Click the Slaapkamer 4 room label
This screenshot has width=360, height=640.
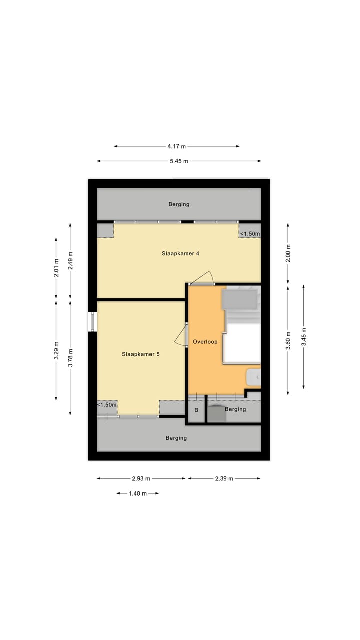point(180,253)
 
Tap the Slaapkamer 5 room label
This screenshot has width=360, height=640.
point(140,354)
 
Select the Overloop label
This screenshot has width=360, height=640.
point(204,342)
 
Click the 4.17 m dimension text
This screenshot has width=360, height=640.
point(176,146)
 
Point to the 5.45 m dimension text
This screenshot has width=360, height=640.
point(178,161)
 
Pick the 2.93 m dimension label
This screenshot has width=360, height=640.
point(141,478)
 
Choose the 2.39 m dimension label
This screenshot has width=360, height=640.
point(223,478)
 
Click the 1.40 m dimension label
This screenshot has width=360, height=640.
point(138,493)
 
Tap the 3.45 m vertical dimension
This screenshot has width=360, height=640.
point(303,336)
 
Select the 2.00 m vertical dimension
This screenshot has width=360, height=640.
point(288,253)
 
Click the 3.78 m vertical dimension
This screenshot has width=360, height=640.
point(70,358)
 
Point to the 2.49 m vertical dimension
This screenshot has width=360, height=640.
point(70,259)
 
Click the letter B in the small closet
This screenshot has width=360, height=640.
point(196,410)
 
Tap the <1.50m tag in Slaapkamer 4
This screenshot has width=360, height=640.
point(250,234)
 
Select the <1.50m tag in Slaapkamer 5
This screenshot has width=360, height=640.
point(107,405)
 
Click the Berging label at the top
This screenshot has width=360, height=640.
point(179,204)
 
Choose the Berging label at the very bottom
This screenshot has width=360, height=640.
point(176,438)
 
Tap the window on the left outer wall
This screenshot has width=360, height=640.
point(93,321)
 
